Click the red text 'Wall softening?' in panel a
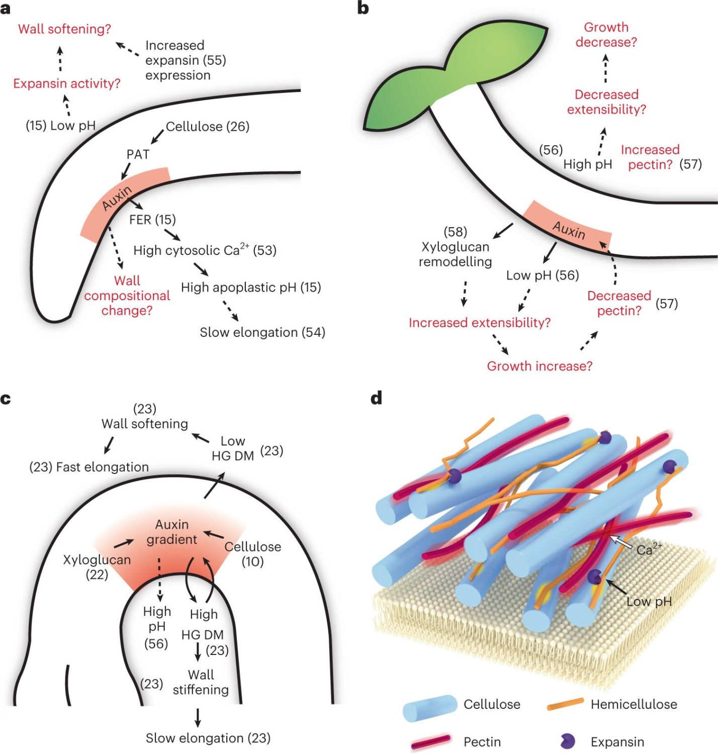(64, 29)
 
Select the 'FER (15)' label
(152, 220)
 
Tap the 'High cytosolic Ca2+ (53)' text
(205, 250)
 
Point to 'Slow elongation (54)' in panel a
(262, 332)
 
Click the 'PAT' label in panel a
(138, 154)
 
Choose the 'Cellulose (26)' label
(208, 127)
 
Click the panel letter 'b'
(363, 9)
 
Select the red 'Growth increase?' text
(540, 366)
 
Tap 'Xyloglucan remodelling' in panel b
(455, 254)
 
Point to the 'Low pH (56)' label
(543, 275)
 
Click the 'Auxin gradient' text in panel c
(172, 532)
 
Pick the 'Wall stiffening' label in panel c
(201, 682)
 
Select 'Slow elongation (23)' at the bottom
(208, 738)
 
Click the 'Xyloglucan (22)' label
(97, 567)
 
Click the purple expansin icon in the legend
(567, 741)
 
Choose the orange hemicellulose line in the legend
(566, 704)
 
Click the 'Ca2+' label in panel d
(649, 549)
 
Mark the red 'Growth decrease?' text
(606, 35)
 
